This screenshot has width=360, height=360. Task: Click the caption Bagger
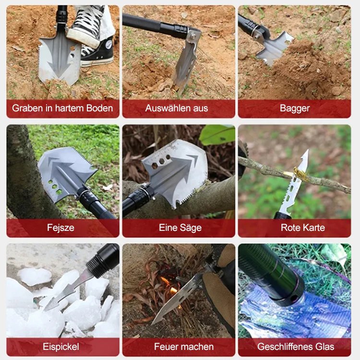point(295,108)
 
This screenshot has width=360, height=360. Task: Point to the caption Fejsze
point(60,228)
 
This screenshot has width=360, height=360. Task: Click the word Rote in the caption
point(290,228)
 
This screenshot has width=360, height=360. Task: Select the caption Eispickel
point(61,347)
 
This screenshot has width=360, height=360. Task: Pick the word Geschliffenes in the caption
point(284,347)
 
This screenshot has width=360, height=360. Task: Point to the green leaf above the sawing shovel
point(217,135)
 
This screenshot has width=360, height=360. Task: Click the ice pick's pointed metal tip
point(46,308)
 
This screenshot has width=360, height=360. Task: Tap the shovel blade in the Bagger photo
point(275,49)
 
